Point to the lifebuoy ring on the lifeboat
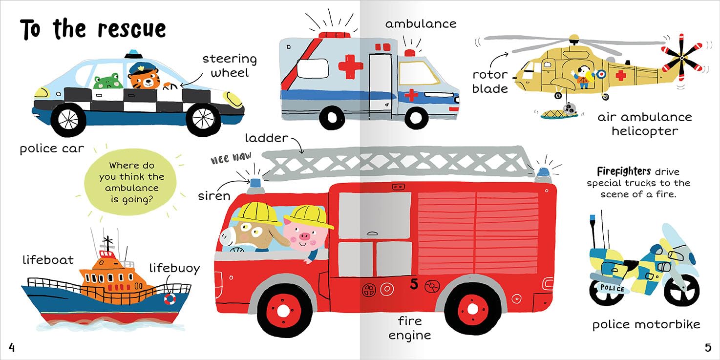[169, 298]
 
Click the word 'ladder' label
[266, 138]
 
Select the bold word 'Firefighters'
[624, 171]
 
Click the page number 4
[12, 348]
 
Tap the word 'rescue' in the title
[132, 29]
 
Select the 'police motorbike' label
[646, 324]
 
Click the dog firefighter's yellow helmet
[254, 212]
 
